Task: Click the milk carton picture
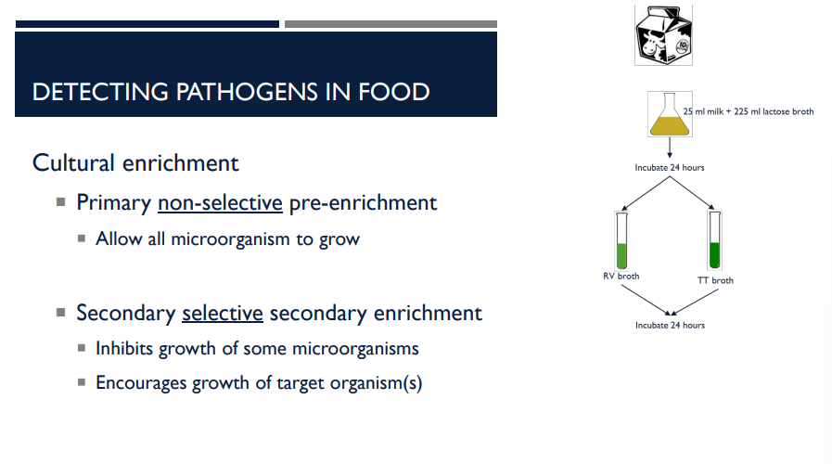(664, 35)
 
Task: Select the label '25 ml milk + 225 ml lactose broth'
(748, 111)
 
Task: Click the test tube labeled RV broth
(621, 238)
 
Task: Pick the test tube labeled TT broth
(714, 240)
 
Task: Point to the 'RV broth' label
(621, 276)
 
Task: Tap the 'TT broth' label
(715, 279)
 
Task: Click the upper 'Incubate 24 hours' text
(669, 168)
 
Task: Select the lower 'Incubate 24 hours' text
(670, 325)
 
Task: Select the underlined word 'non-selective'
(220, 202)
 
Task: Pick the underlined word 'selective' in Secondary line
(223, 313)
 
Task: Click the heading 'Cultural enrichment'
(135, 162)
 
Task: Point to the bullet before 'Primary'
(61, 201)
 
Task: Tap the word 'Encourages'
(141, 382)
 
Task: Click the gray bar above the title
(390, 24)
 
